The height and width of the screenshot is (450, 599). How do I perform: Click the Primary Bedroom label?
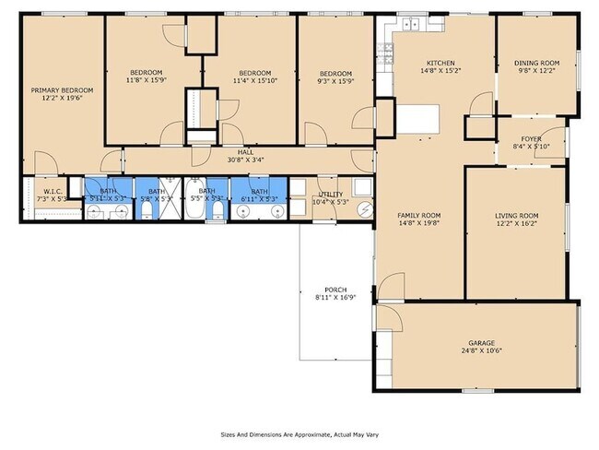[57, 90]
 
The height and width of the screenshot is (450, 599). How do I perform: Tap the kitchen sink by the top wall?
[413, 23]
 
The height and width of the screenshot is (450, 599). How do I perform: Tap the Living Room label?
[517, 215]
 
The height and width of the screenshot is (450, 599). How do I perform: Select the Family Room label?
[420, 215]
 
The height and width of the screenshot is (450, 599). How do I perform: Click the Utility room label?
[329, 194]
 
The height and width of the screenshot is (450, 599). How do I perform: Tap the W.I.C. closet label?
[52, 192]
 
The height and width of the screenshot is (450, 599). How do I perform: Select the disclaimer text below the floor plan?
[299, 434]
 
